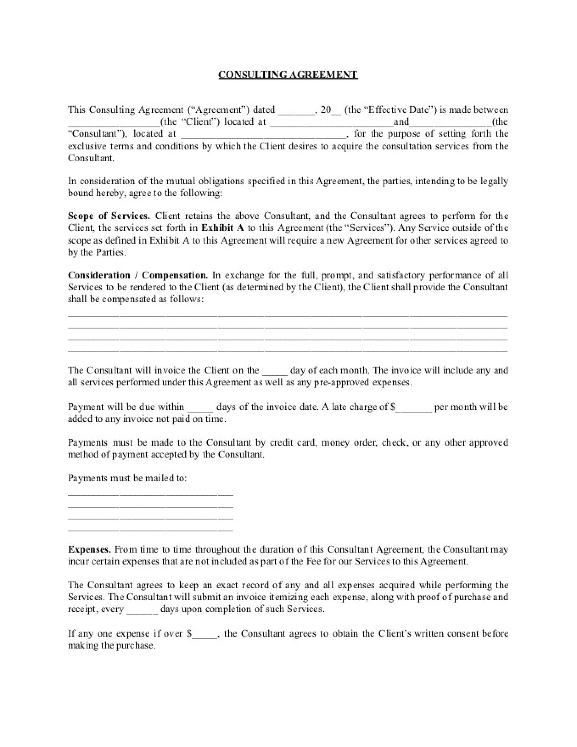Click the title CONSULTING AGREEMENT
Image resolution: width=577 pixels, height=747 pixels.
[x=288, y=75]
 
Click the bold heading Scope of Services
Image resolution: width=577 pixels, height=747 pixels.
[x=109, y=216]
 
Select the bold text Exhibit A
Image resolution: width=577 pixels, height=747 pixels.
[x=222, y=227]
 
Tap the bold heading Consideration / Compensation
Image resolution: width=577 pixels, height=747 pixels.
[x=138, y=275]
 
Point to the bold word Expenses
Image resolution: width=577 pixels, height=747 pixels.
[x=90, y=549]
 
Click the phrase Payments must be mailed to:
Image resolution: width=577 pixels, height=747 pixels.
[x=127, y=478]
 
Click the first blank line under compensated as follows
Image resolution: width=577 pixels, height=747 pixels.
[x=288, y=315]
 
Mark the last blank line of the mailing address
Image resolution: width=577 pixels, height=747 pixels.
[x=151, y=530]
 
